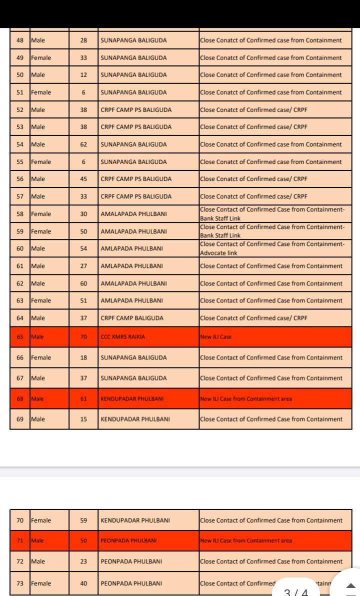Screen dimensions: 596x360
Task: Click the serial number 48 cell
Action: (20, 40)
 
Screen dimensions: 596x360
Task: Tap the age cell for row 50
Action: (83, 75)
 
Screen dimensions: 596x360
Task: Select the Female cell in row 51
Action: (41, 92)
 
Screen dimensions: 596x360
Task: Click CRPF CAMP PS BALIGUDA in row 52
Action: (136, 110)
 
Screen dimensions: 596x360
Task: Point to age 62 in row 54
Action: (83, 144)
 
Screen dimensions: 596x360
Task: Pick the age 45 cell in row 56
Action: (83, 179)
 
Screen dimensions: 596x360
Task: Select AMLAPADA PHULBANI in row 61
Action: (131, 266)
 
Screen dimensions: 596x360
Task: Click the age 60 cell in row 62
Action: (83, 283)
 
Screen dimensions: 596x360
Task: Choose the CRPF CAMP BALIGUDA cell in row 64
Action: (132, 318)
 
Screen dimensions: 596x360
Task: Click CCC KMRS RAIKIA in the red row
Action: (123, 337)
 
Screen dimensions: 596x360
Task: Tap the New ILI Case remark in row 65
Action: (216, 337)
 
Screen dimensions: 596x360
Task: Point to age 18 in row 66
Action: (83, 358)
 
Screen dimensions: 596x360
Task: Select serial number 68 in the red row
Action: (20, 399)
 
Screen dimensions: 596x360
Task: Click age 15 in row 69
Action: (83, 419)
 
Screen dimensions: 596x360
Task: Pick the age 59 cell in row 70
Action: (83, 520)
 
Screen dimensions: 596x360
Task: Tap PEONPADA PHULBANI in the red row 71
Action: (128, 541)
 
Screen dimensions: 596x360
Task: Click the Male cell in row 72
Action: (38, 561)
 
